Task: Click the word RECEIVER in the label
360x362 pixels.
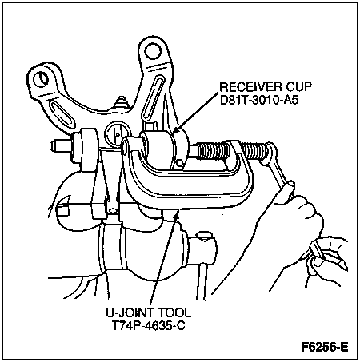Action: (251, 87)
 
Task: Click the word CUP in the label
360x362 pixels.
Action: (299, 87)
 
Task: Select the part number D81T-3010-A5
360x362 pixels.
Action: (259, 101)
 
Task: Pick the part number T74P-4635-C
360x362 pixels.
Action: (148, 326)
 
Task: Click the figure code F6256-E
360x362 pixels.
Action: (325, 347)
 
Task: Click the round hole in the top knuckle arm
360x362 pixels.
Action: (153, 51)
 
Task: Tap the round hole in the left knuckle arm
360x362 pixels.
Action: (42, 78)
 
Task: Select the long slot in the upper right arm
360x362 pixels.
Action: (153, 98)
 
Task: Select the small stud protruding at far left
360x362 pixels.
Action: (61, 146)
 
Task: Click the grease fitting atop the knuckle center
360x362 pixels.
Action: (122, 102)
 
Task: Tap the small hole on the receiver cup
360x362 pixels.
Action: (180, 162)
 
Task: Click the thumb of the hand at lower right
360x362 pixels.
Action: (319, 260)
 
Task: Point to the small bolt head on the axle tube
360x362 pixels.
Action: (204, 237)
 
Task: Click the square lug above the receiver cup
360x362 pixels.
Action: (150, 125)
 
